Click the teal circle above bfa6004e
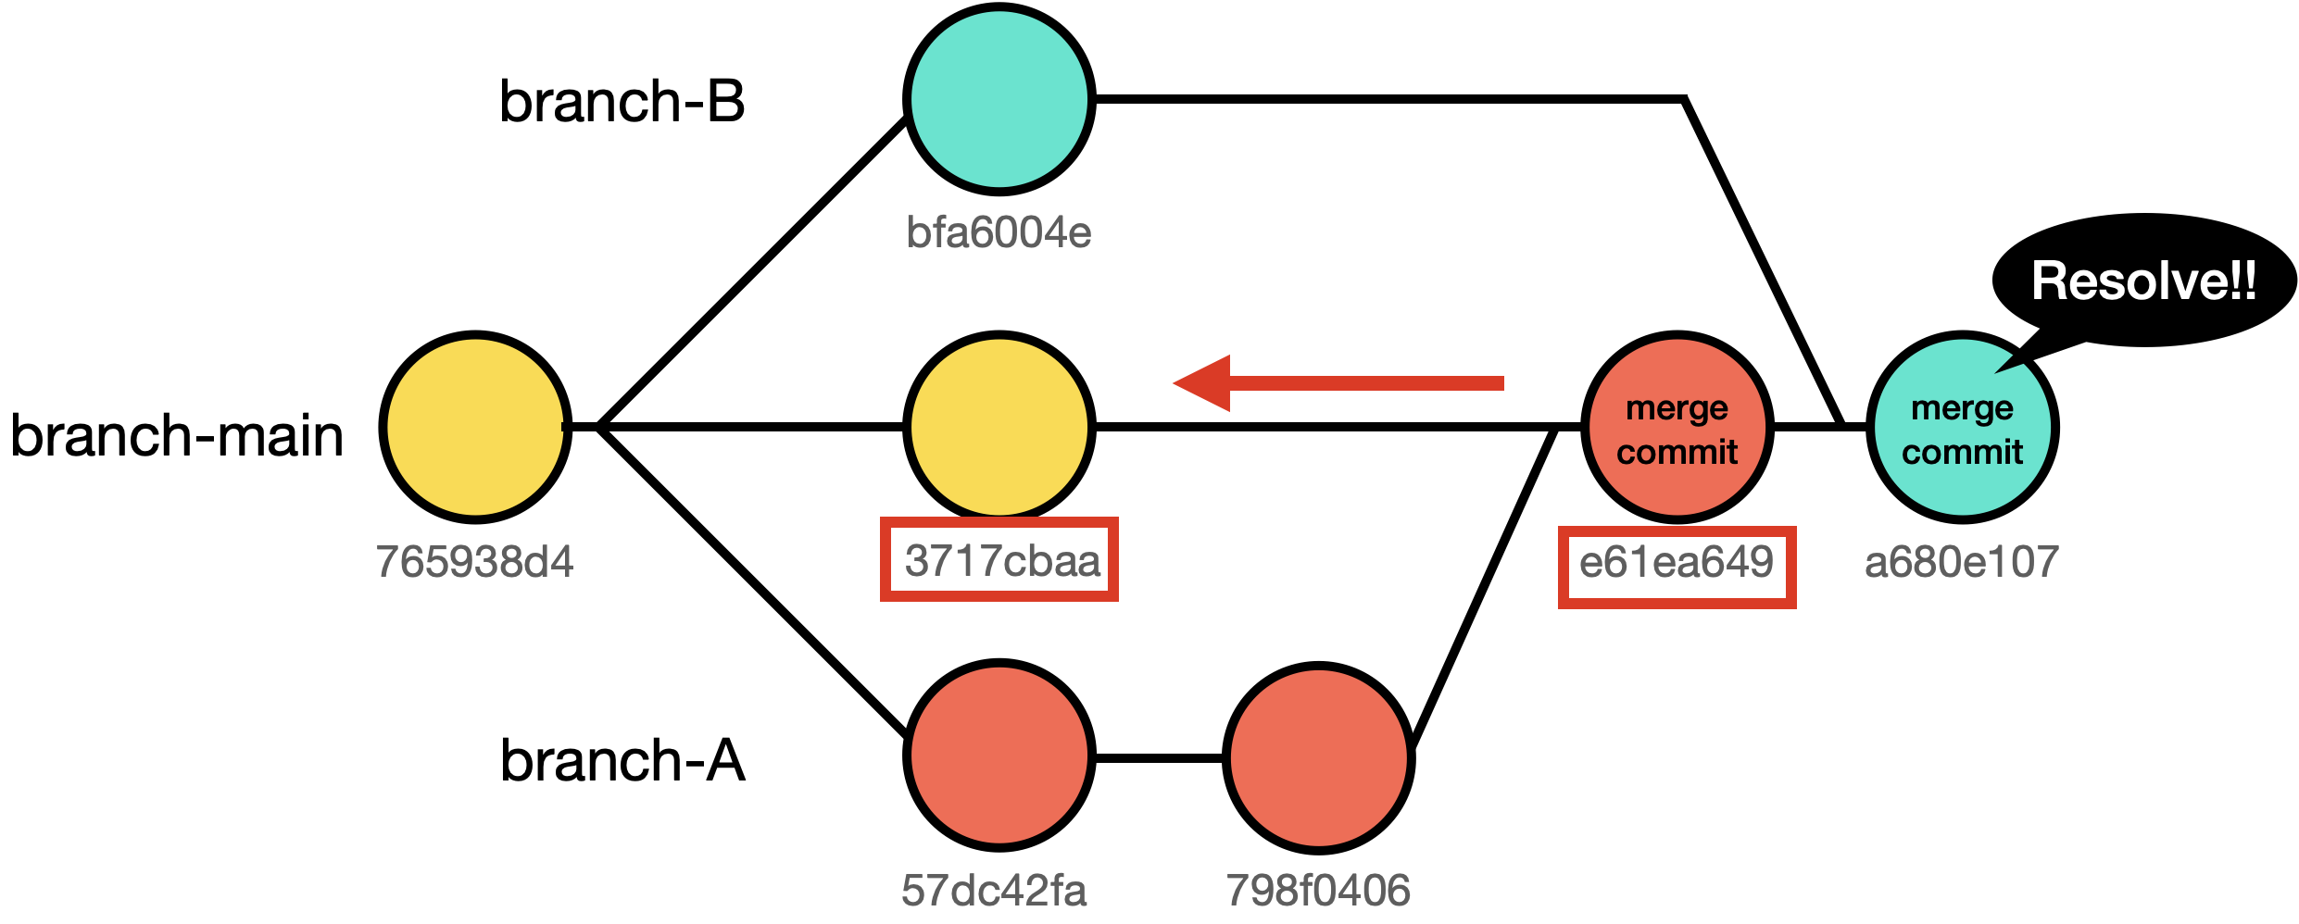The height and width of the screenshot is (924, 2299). pyautogui.click(x=999, y=99)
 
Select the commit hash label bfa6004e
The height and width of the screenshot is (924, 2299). pyautogui.click(x=999, y=232)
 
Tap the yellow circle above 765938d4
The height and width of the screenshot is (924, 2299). pyautogui.click(x=475, y=427)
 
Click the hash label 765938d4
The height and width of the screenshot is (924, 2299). pyautogui.click(x=474, y=561)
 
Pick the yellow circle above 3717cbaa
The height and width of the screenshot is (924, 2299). pyautogui.click(x=999, y=427)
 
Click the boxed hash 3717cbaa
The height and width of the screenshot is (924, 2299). pyautogui.click(x=1001, y=560)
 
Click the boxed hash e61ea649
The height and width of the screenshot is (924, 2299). pyautogui.click(x=1676, y=562)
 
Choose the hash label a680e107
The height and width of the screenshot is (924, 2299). pyautogui.click(x=1961, y=562)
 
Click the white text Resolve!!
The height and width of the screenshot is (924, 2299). pyautogui.click(x=2143, y=281)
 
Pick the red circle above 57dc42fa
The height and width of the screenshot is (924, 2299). pyautogui.click(x=999, y=755)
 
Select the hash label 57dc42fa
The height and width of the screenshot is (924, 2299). pyautogui.click(x=994, y=890)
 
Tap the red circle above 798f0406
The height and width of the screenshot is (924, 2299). pyautogui.click(x=1318, y=757)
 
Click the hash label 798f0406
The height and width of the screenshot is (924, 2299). pyautogui.click(x=1318, y=890)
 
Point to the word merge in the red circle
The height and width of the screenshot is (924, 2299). pyautogui.click(x=1677, y=408)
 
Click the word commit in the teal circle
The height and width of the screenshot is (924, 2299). pyautogui.click(x=1962, y=452)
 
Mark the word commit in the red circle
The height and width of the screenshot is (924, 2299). pyautogui.click(x=1677, y=452)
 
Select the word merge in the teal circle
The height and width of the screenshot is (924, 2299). pyautogui.click(x=1962, y=408)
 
